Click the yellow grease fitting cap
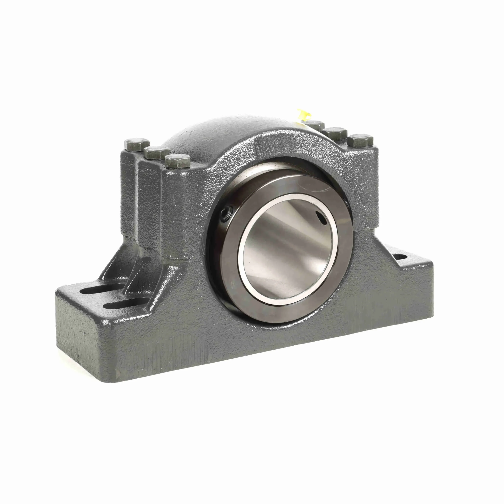click(x=302, y=115)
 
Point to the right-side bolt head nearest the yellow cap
click(x=315, y=125)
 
